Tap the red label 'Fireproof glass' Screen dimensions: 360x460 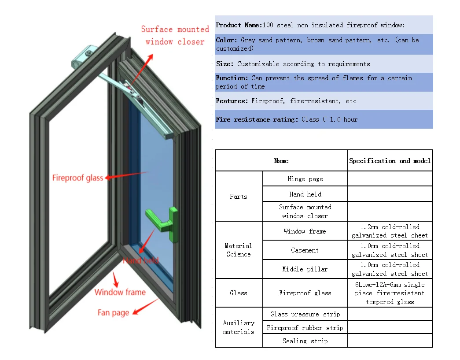(x=77, y=178)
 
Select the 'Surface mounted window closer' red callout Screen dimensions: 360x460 (x=175, y=35)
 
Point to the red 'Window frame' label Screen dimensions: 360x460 (x=120, y=292)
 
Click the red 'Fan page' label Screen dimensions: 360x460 (x=113, y=312)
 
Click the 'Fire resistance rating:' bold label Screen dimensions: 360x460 (x=257, y=119)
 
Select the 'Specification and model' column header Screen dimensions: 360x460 (x=390, y=161)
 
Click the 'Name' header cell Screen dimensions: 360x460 (x=281, y=161)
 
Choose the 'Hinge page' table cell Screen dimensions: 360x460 (x=305, y=179)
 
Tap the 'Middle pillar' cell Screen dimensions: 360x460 (x=305, y=269)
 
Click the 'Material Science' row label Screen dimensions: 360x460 (x=239, y=250)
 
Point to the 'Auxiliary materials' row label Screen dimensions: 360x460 (x=239, y=327)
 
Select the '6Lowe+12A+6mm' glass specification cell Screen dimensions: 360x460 (x=390, y=293)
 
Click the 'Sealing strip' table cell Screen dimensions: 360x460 (x=305, y=341)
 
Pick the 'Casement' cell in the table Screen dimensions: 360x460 (x=305, y=250)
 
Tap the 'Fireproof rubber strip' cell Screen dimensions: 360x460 (x=305, y=328)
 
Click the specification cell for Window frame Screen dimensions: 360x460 (x=390, y=231)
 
